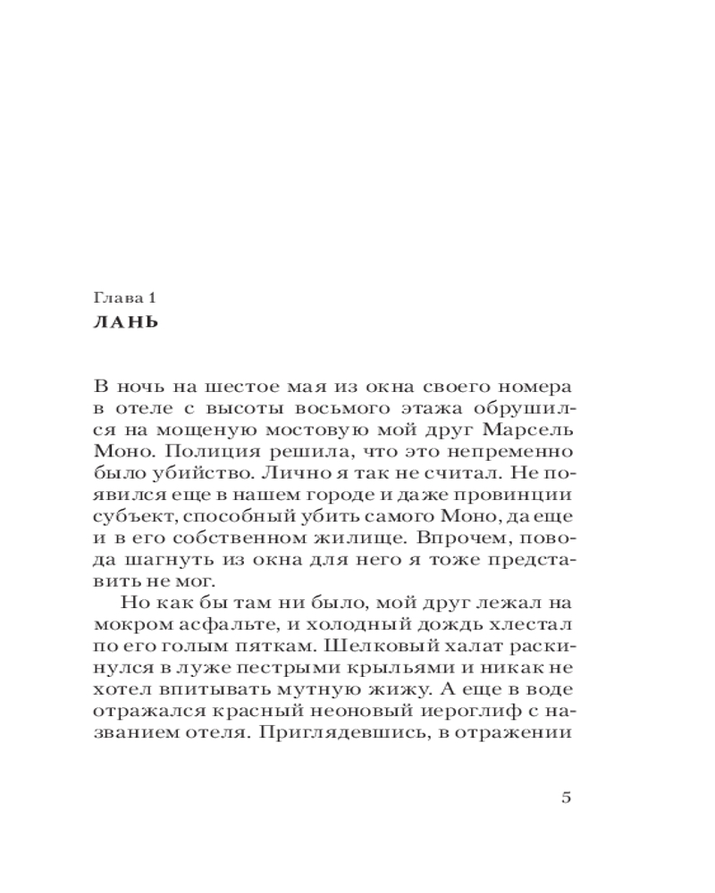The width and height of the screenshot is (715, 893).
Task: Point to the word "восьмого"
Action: click(329, 410)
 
